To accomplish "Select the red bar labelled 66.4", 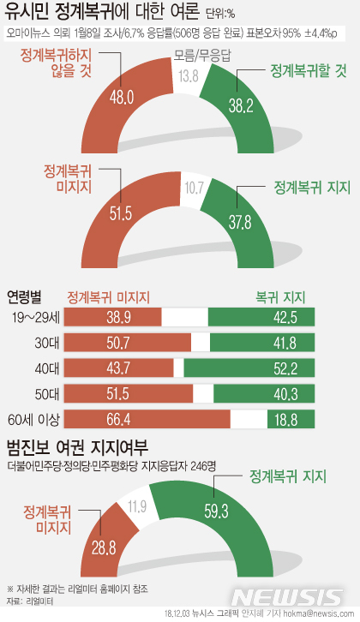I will [x=142, y=420].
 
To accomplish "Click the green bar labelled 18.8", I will [x=280, y=420].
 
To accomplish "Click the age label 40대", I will [x=41, y=369].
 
